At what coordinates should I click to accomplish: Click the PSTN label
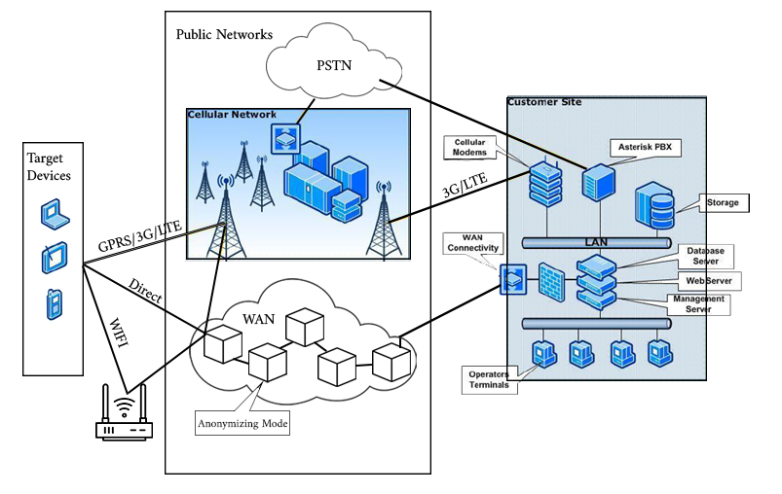pyautogui.click(x=334, y=67)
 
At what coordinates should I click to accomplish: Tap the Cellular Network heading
pyautogui.click(x=232, y=115)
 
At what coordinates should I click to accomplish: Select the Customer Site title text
pyautogui.click(x=539, y=101)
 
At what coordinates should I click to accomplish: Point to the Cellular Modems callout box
pyautogui.click(x=469, y=147)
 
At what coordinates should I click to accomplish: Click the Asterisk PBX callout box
pyautogui.click(x=646, y=148)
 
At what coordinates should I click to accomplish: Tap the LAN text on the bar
pyautogui.click(x=594, y=240)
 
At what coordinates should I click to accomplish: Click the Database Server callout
pyautogui.click(x=706, y=256)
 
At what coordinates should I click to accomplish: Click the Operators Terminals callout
pyautogui.click(x=489, y=379)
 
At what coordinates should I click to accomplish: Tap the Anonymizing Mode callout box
pyautogui.click(x=242, y=424)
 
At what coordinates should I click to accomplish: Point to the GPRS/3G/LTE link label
pyautogui.click(x=140, y=238)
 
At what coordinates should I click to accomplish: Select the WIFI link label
pyautogui.click(x=116, y=336)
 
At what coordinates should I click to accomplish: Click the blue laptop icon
pyautogui.click(x=55, y=214)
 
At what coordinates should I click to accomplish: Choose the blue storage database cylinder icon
pyautogui.click(x=655, y=203)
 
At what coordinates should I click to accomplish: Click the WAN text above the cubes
pyautogui.click(x=258, y=318)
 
